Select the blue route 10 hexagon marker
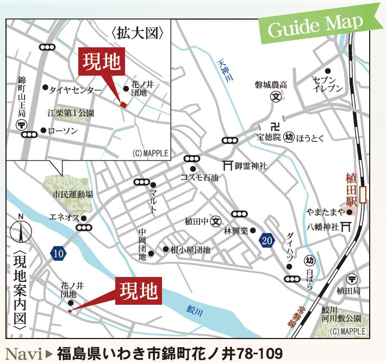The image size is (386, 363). click(x=58, y=253)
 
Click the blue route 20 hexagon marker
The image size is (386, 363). click(x=265, y=241)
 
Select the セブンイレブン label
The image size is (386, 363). click(x=328, y=84)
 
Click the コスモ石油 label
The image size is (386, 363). click(x=200, y=178)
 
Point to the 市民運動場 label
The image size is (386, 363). click(x=73, y=194)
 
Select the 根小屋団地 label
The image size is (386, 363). click(x=190, y=250)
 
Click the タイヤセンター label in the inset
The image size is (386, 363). click(x=75, y=89)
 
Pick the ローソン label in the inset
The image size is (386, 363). click(x=63, y=131)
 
